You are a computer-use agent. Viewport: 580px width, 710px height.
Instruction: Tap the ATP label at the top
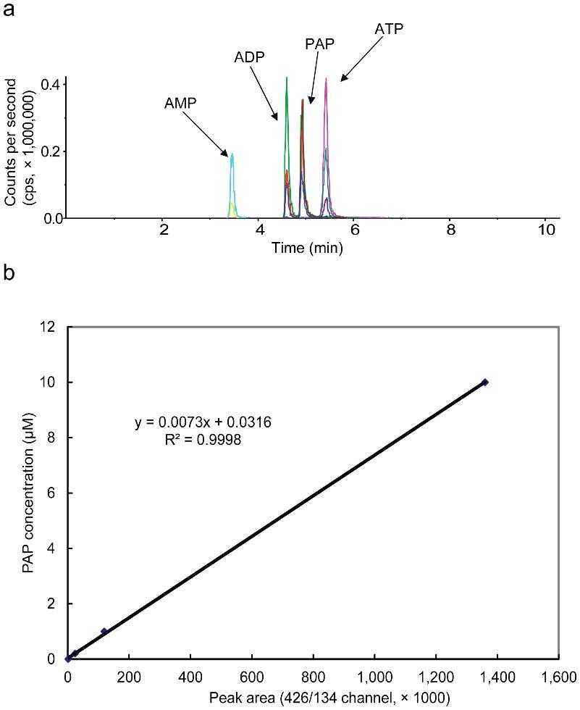[389, 30]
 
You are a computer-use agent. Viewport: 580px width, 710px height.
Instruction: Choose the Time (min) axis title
[307, 248]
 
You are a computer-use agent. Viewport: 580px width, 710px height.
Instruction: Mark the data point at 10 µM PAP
[485, 382]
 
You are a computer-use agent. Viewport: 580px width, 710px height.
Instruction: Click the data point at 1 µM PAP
[104, 631]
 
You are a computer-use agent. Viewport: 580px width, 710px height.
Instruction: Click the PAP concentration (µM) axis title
[26, 493]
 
